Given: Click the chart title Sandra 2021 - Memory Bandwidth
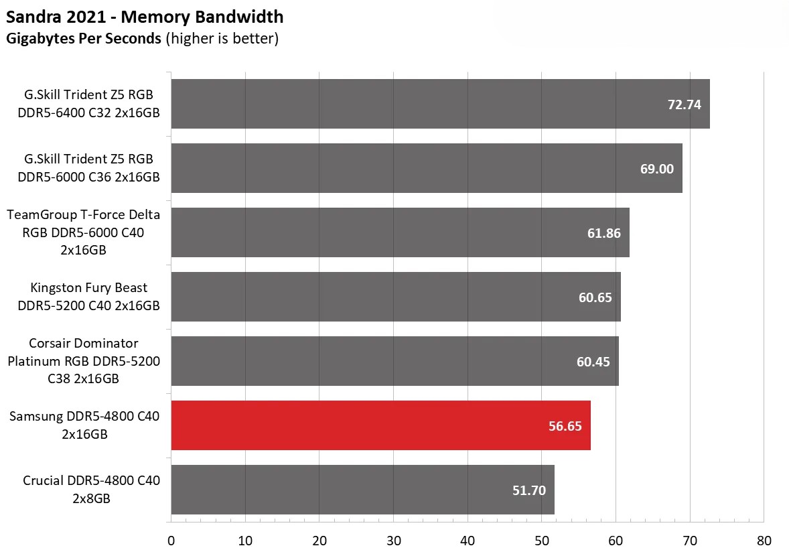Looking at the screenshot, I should coord(145,17).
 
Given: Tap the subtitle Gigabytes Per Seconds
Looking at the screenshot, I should coord(84,38).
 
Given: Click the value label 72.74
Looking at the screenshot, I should coord(685,104).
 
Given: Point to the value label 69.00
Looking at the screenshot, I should coord(657,169).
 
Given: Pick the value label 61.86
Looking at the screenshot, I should coord(603,233).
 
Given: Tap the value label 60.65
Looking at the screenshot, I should coord(595,297).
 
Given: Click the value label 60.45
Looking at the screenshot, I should coord(593,362).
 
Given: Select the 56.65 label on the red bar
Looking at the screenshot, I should coord(565,426).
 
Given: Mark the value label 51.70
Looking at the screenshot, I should coord(529,490).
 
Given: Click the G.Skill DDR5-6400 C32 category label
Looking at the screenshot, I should coord(88,104).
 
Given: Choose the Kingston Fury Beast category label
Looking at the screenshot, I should coord(88,297).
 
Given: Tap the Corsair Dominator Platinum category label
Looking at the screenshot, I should coord(84,361).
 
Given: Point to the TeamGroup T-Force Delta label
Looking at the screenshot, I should coord(84,232).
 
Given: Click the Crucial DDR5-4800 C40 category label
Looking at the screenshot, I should coord(91,490).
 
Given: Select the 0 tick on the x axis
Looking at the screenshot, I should coord(171,541).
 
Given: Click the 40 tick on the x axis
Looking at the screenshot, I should coord(468,541).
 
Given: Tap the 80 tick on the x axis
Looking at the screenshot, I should coord(764,541).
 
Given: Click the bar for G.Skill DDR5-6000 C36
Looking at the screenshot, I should coord(402,168).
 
